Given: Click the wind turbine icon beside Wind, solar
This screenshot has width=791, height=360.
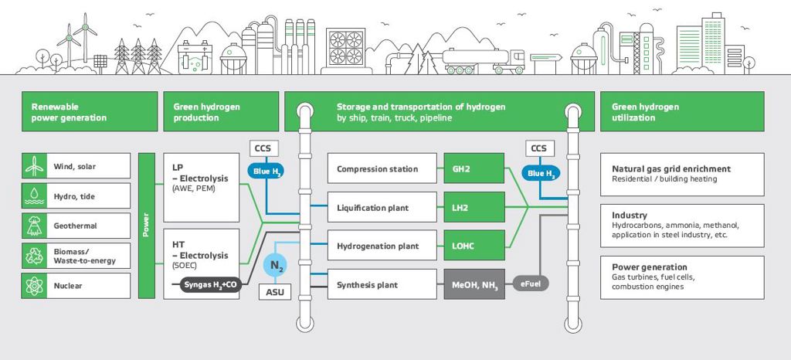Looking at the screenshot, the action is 34,166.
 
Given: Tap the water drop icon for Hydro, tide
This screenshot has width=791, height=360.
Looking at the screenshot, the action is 34,195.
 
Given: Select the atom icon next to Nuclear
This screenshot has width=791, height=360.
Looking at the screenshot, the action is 34,286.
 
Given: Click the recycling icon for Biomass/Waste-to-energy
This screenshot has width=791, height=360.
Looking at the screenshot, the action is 34,256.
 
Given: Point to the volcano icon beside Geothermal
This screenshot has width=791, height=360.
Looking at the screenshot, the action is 34,226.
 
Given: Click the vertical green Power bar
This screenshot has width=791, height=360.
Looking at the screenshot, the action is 146,226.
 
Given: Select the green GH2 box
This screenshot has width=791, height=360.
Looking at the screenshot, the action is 474,168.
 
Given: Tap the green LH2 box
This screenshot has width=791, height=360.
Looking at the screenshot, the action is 474,207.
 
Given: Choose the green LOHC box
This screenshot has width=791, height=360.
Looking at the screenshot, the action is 474,246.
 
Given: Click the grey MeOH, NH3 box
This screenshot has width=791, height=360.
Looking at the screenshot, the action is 474,284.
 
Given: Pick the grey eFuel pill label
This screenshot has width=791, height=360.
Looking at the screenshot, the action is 531,284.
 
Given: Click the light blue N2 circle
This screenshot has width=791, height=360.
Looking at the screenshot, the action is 276,265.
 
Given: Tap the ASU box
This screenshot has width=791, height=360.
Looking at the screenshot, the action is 275,292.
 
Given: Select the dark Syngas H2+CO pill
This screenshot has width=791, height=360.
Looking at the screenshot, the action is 211,285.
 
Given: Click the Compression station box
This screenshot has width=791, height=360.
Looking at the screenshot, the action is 382,168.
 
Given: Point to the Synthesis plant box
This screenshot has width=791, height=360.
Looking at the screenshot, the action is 382,284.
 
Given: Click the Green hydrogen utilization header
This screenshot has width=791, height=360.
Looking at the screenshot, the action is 682,111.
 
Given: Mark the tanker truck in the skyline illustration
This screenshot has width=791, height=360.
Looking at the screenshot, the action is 484,61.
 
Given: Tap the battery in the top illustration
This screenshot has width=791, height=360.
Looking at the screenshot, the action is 195,58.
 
